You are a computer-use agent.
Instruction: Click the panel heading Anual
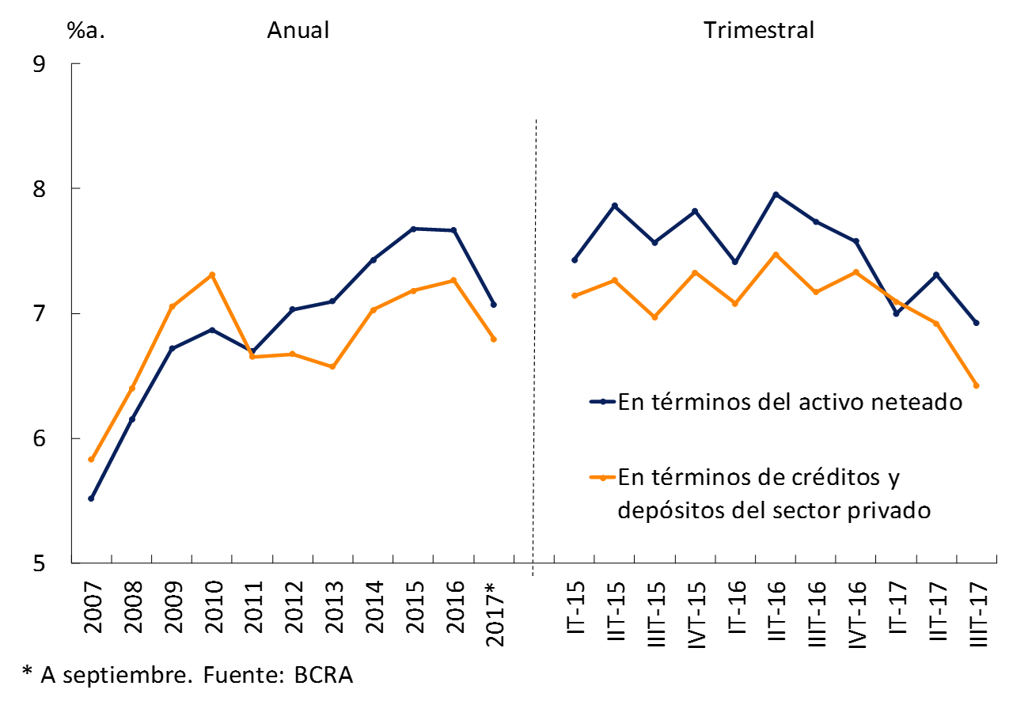coord(298,31)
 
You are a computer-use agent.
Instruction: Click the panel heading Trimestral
coord(759,31)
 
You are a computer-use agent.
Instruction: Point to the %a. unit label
coord(86,32)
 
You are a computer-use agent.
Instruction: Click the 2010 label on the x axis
coord(213,606)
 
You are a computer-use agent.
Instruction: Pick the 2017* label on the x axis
coord(494,614)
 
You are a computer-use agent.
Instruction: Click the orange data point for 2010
coord(212,275)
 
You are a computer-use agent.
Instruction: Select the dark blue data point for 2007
coord(91,498)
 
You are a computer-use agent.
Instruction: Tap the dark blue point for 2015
coord(413,229)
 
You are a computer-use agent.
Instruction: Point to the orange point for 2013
coord(332,367)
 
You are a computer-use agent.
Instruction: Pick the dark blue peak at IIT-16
coord(776,194)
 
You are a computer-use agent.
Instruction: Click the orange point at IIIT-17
coord(977,385)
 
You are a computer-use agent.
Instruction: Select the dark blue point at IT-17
coord(896,313)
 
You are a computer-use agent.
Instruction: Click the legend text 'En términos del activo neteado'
coord(790,402)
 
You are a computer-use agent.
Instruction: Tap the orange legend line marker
coord(603,477)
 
